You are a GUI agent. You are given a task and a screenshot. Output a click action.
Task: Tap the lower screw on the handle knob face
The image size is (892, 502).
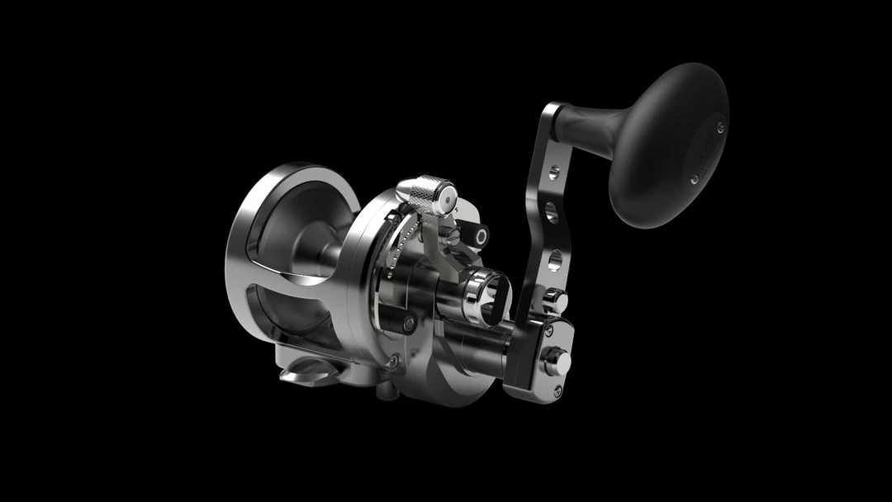click(694, 178)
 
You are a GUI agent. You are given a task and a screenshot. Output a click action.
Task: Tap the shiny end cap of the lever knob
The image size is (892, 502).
click(446, 198)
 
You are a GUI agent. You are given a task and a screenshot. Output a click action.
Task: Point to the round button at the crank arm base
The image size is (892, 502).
click(557, 361)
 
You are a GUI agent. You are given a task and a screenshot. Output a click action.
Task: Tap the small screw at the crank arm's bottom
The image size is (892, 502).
click(559, 391)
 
